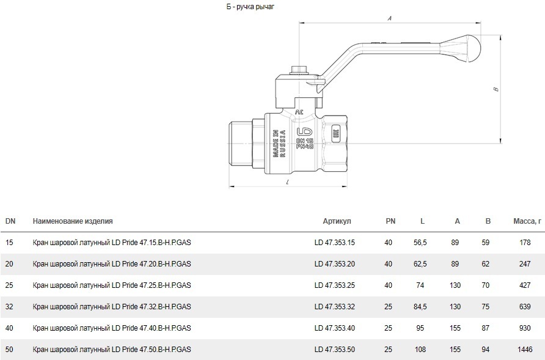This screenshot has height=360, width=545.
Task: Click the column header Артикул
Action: pos(337,221)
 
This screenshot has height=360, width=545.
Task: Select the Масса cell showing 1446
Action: pos(525,349)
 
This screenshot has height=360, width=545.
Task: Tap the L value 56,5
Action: pos(420,243)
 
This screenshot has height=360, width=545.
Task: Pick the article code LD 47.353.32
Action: pos(335,307)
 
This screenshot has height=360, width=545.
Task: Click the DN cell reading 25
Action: pos(9,285)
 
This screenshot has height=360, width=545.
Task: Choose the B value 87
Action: pos(486,328)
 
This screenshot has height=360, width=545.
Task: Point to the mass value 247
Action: pos(525,264)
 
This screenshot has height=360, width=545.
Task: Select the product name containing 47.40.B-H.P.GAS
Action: pos(112,328)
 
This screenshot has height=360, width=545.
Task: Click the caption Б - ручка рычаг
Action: pos(251,7)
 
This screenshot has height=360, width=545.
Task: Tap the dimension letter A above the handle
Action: pos(390,18)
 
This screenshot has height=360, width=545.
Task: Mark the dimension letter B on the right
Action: pos(496,89)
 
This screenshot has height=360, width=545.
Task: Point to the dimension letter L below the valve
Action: pos(288,182)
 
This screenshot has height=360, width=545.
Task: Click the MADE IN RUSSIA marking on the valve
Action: pos(279,143)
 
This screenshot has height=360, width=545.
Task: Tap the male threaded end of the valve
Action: pos(242,143)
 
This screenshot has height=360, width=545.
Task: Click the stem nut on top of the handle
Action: pos(299,70)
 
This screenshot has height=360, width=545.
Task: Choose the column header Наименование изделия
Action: pos(73,221)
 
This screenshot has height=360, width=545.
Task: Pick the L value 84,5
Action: pos(420,307)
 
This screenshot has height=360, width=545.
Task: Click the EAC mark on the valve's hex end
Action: pos(336,134)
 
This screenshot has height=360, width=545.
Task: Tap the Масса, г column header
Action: pos(527,221)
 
